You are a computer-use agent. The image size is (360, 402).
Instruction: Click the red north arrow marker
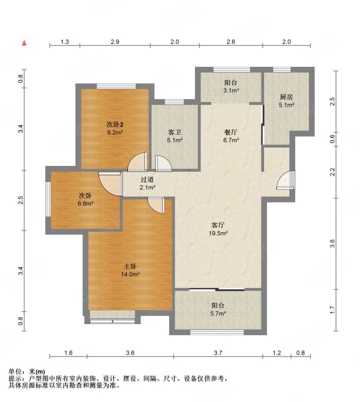coord(24,43)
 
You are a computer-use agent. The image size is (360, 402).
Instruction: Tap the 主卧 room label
coord(130,267)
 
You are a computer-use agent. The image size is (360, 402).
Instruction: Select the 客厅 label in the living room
coord(218,225)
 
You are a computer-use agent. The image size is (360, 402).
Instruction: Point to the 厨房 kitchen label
coord(286,97)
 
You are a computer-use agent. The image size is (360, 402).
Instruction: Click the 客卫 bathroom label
coord(175,132)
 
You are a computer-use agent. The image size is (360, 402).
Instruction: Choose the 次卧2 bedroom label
coord(115,125)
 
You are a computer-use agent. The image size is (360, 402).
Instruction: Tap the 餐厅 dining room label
coord(230,132)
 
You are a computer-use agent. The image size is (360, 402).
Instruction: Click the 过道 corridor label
coord(147,179)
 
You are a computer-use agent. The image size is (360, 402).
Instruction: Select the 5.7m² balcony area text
coord(218,313)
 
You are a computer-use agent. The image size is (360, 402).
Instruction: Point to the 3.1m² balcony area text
coord(231,90)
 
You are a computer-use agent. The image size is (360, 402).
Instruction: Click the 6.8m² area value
coord(85,204)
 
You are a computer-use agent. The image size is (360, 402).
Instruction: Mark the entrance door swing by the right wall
coord(286,180)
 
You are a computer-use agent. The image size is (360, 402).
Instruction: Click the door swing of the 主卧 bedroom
coord(156,206)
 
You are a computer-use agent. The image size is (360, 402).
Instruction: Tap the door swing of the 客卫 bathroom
coord(164,163)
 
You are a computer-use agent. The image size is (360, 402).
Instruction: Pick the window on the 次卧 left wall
coord(48,199)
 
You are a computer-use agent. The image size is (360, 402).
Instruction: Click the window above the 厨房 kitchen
coord(282,69)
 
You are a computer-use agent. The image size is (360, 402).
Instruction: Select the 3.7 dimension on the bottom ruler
coord(218,353)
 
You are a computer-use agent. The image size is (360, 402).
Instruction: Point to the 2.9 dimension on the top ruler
coord(115,42)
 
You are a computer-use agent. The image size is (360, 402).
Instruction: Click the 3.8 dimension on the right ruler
coord(332,244)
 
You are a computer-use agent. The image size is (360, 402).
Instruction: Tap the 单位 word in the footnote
coord(15,371)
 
